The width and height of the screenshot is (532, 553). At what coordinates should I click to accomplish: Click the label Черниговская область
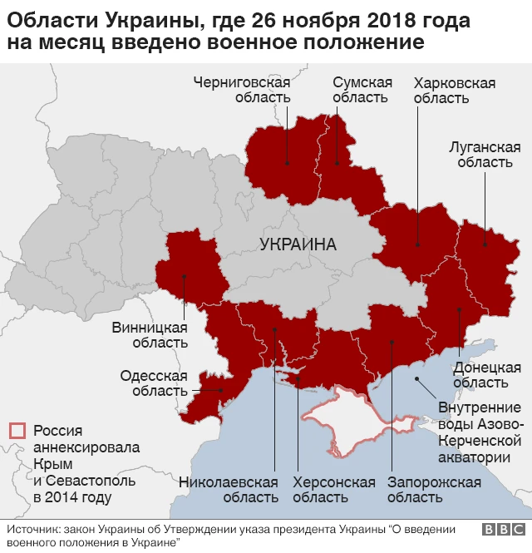click(241, 90)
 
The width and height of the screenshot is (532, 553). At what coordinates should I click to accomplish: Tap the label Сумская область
click(362, 90)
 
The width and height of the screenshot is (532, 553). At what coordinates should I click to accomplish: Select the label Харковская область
click(454, 90)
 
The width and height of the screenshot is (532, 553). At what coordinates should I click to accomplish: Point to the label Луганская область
click(480, 154)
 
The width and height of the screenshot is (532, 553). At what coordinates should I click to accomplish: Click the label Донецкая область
click(487, 375)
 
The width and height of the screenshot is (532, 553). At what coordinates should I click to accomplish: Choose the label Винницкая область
click(150, 334)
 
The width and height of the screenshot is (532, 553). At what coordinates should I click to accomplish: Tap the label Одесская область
click(154, 383)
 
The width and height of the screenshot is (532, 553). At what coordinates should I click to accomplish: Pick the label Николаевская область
click(228, 490)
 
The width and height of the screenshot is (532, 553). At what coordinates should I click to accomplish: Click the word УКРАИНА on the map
click(298, 245)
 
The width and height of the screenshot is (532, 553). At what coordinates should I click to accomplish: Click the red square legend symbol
click(17, 431)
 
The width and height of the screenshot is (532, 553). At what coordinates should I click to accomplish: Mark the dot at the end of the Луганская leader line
click(483, 244)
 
